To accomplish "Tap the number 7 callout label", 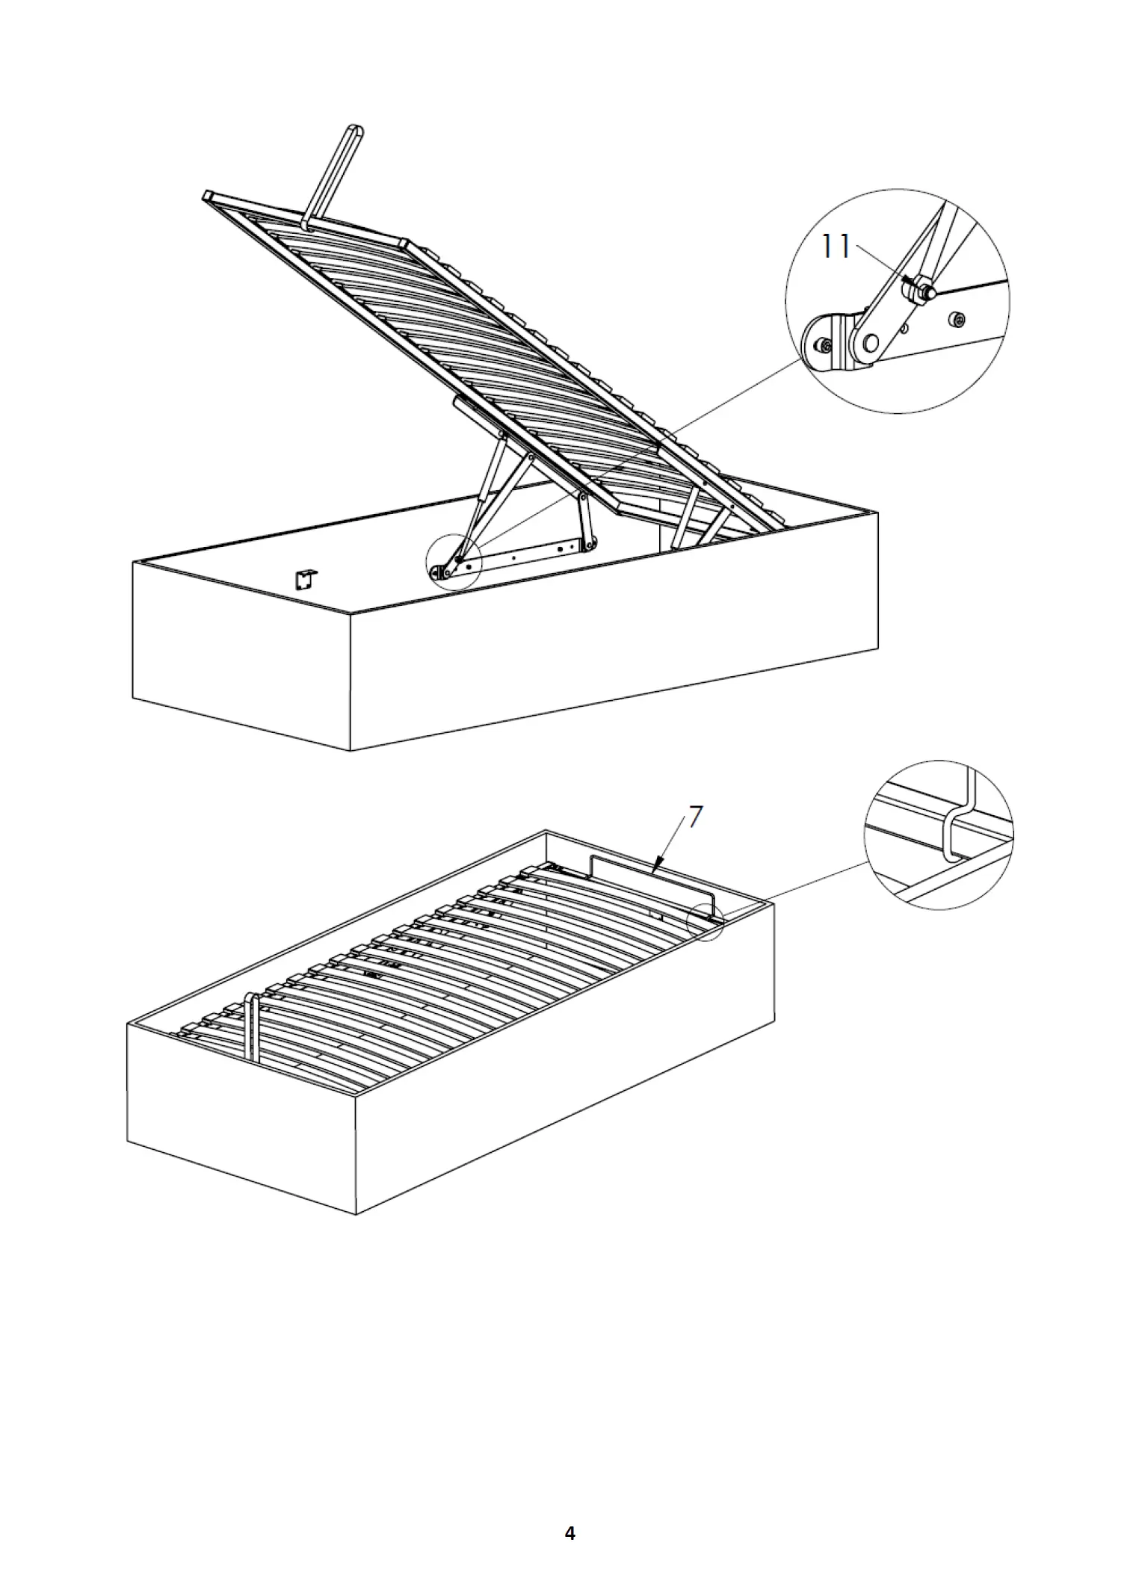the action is pos(695,817).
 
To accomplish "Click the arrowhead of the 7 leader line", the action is pos(655,867).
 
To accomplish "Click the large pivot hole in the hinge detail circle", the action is pos(871,343).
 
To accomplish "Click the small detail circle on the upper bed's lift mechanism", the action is pos(454,563).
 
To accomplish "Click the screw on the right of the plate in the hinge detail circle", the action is pos(960,321).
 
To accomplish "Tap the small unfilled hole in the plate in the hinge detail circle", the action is pos(905,327).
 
